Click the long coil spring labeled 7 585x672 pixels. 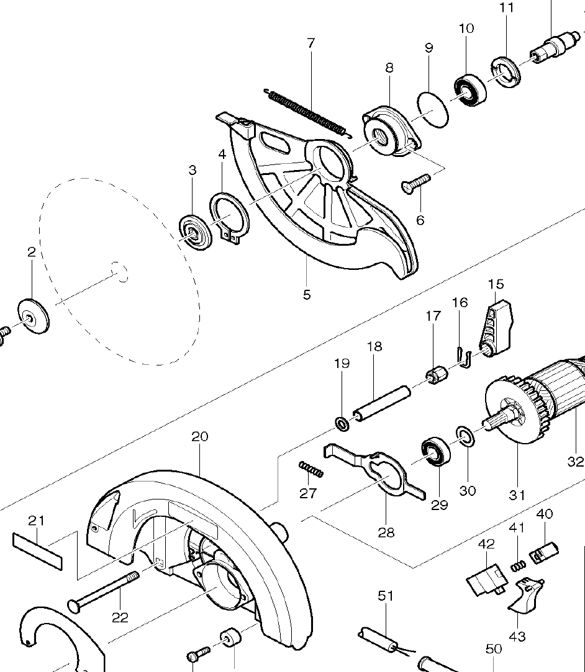pyautogui.click(x=307, y=112)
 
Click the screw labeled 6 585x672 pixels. pyautogui.click(x=415, y=182)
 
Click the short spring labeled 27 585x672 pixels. pyautogui.click(x=311, y=470)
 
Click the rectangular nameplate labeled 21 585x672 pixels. pyautogui.click(x=37, y=550)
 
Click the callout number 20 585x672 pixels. pyautogui.click(x=199, y=437)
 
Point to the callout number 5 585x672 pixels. pyautogui.click(x=307, y=294)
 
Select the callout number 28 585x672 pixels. pyautogui.click(x=386, y=532)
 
